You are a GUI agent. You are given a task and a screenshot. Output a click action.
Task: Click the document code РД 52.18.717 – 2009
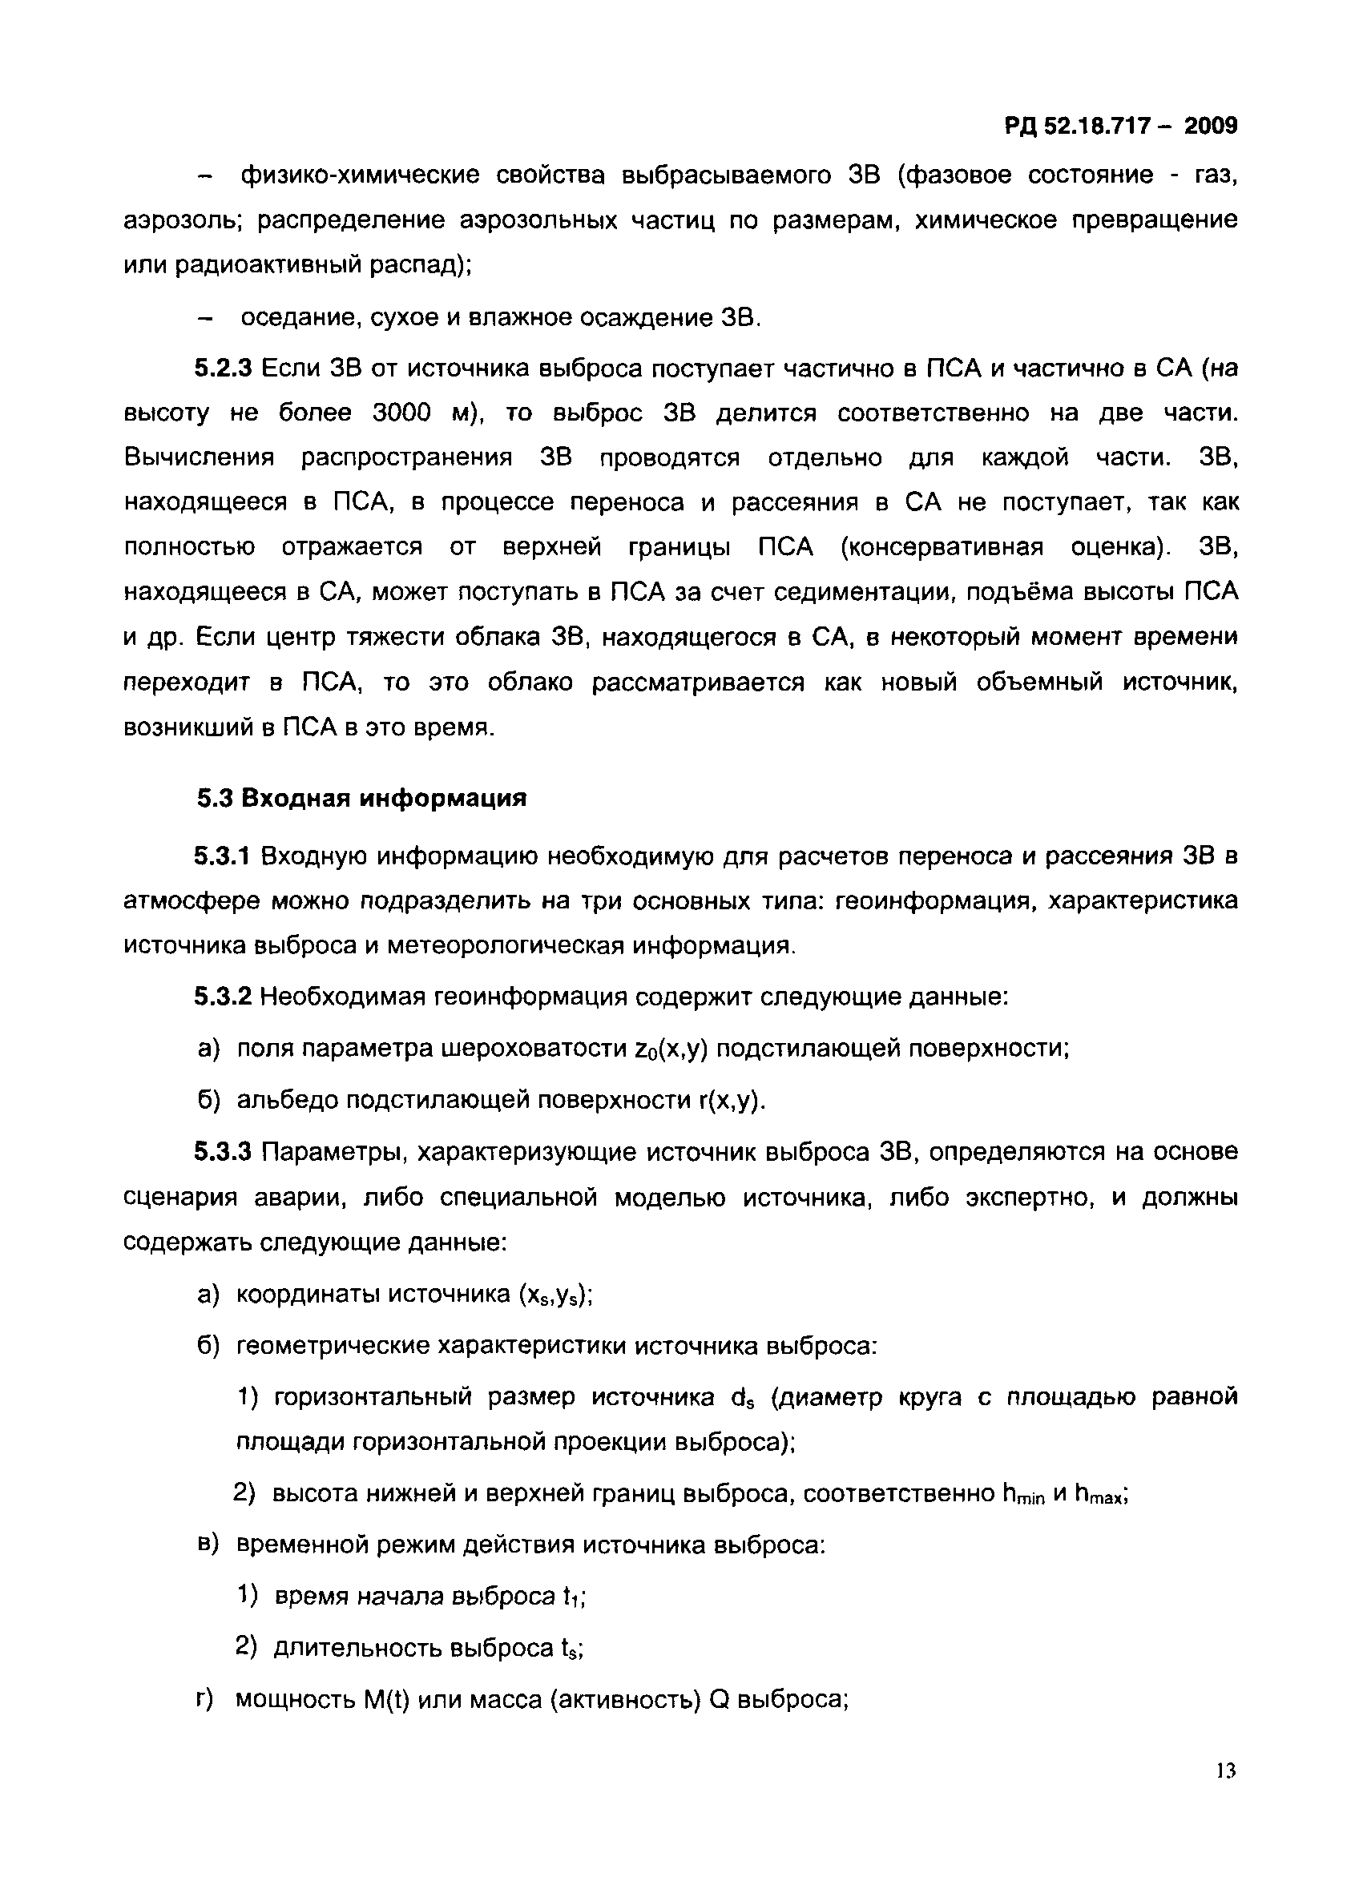point(1120,126)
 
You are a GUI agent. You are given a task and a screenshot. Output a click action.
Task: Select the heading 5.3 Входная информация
point(361,799)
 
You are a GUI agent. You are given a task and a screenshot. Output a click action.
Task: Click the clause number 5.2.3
point(223,368)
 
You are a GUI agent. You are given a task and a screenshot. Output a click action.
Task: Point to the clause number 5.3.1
point(223,856)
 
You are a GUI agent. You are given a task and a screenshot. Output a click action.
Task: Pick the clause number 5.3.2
point(223,997)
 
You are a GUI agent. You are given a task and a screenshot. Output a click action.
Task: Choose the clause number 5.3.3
point(223,1153)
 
